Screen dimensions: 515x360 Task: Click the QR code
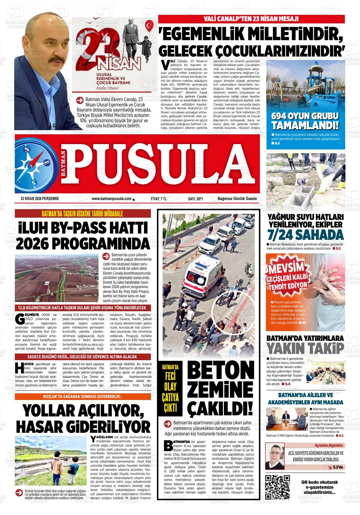click(x=278, y=487)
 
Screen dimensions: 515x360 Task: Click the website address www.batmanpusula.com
click(x=111, y=199)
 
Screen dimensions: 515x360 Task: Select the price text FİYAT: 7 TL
click(x=159, y=199)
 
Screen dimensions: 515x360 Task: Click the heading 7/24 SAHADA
click(x=305, y=235)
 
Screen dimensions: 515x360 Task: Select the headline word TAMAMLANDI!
click(x=305, y=125)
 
